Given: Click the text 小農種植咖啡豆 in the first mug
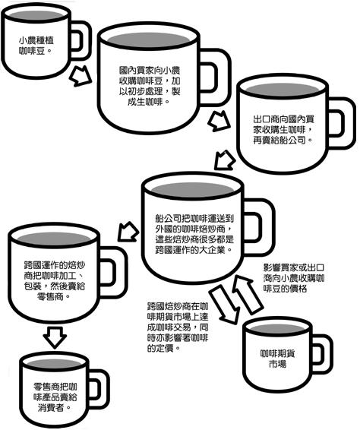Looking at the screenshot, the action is pyautogui.click(x=36, y=46).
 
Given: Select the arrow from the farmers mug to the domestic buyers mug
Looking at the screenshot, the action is pyautogui.click(x=81, y=76).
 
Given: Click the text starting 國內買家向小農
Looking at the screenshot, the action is pyautogui.click(x=150, y=86).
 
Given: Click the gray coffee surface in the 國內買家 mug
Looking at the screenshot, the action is pyautogui.click(x=148, y=40).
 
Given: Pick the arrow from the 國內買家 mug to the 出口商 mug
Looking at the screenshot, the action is pyautogui.click(x=219, y=121).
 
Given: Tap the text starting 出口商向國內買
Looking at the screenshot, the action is pyautogui.click(x=283, y=130).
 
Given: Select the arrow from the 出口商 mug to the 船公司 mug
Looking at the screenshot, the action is pyautogui.click(x=225, y=160).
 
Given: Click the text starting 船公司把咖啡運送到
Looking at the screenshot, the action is pyautogui.click(x=194, y=235).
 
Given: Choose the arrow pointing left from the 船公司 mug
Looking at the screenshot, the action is pyautogui.click(x=128, y=232).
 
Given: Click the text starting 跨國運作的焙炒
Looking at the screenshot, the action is pyautogui.click(x=54, y=281).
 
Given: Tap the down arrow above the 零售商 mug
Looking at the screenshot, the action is pyautogui.click(x=55, y=337).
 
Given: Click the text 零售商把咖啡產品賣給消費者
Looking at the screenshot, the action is pyautogui.click(x=55, y=397).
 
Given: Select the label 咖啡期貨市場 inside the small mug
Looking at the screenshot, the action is pyautogui.click(x=277, y=359).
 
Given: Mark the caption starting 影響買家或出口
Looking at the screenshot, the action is pyautogui.click(x=294, y=278).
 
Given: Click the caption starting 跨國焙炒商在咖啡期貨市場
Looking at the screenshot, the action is pyautogui.click(x=178, y=327).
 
